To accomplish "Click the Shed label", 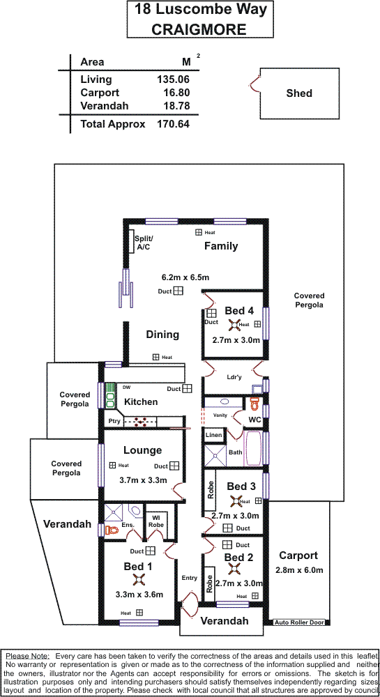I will coord(299,93).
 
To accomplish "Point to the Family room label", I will coord(221,246).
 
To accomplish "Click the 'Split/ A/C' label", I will coord(142,243).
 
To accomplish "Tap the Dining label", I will coord(162,335).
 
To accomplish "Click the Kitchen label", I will coord(141,402).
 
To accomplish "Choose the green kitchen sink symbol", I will coord(110,396).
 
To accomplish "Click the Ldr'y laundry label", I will coord(234,378).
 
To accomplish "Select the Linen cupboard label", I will coord(213,436).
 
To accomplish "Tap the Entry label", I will coord(190,578).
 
